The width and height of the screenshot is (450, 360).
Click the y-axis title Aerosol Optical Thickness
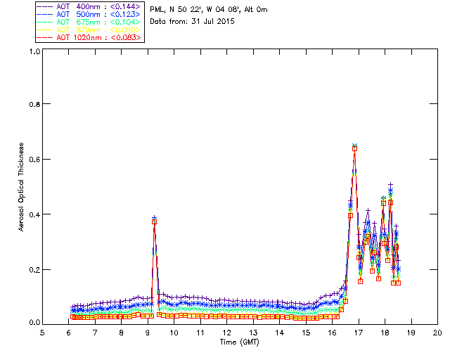click(22, 187)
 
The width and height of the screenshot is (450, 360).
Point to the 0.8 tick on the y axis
click(34, 104)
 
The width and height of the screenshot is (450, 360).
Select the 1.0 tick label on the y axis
click(34, 51)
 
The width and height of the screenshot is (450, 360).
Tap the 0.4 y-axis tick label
click(34, 214)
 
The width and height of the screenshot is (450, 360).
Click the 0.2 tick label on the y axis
click(34, 270)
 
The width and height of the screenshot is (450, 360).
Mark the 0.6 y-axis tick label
click(34, 160)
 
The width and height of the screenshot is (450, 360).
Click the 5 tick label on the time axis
click(43, 333)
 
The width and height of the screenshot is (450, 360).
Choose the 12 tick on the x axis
click(227, 333)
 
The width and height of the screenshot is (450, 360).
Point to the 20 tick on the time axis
click(438, 333)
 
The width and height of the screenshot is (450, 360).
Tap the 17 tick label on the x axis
click(359, 333)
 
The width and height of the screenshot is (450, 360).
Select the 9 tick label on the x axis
click(148, 333)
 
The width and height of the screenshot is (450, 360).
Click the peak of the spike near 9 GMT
click(154, 219)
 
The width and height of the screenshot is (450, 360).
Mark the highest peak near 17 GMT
click(354, 146)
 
